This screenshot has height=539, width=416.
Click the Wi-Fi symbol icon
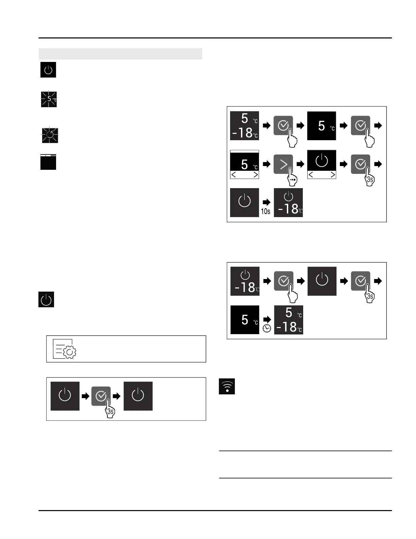(x=227, y=386)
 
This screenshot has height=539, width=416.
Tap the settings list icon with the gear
(x=65, y=349)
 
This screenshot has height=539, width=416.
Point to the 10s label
(x=265, y=211)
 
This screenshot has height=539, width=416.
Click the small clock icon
(x=267, y=328)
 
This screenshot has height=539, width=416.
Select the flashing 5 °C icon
(x=49, y=99)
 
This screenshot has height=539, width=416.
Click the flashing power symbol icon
(x=50, y=135)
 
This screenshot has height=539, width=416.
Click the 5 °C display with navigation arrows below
(x=244, y=164)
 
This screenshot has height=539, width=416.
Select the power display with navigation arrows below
(x=322, y=164)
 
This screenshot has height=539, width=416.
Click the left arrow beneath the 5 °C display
(x=234, y=175)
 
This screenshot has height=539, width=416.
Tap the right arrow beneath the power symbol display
(x=333, y=175)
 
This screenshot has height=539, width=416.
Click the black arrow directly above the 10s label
(x=266, y=202)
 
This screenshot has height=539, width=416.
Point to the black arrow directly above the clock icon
(x=267, y=320)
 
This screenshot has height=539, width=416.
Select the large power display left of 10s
(x=244, y=202)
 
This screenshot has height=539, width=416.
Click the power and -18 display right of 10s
(x=288, y=202)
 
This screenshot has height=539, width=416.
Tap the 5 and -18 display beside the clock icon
(x=289, y=320)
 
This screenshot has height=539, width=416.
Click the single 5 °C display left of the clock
(x=245, y=320)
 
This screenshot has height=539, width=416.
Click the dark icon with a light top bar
(x=48, y=162)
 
